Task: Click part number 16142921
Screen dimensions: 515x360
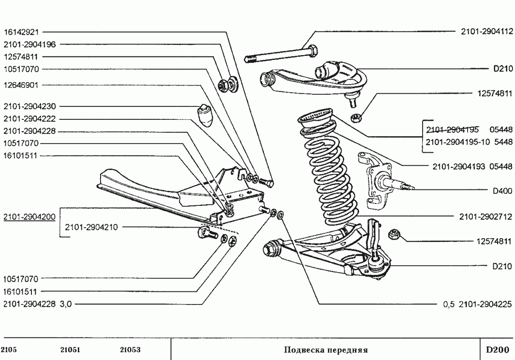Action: (21, 32)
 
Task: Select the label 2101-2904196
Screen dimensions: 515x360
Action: (30, 44)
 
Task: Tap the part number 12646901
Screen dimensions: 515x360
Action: (21, 86)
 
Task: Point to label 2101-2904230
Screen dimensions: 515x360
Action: (30, 106)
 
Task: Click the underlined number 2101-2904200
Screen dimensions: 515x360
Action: (29, 217)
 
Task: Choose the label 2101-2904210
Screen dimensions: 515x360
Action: (91, 227)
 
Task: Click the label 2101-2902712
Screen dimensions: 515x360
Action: (486, 216)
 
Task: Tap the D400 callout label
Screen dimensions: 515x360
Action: (502, 190)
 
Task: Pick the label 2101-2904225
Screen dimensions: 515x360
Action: (486, 304)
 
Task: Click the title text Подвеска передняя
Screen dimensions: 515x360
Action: (326, 350)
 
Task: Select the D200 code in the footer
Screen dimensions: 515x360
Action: (497, 349)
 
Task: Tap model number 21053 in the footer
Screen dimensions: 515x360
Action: (131, 350)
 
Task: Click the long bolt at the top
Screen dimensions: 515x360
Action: (281, 54)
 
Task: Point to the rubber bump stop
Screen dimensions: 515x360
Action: (205, 115)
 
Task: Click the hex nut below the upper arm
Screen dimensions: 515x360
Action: (356, 117)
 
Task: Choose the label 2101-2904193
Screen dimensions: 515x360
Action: (459, 167)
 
